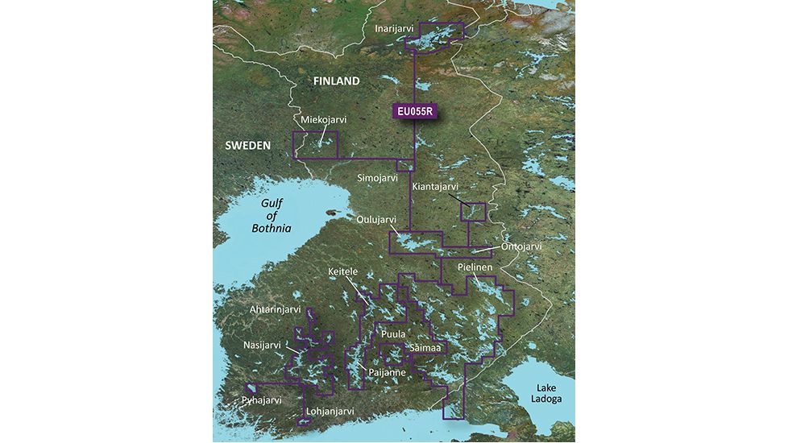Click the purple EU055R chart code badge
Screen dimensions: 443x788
coord(415,113)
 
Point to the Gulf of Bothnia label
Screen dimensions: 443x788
coord(271,217)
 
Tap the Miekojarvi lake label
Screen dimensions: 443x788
coord(323,120)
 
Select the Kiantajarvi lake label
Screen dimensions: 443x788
coord(439,187)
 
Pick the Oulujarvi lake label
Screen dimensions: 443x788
coord(376,218)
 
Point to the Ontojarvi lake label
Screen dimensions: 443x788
coord(522,246)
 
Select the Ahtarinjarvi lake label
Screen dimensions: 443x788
coord(275,309)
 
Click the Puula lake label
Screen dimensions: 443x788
coord(393,333)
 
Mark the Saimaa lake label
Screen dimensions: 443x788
coord(425,347)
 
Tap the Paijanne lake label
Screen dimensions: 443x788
coord(386,373)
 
